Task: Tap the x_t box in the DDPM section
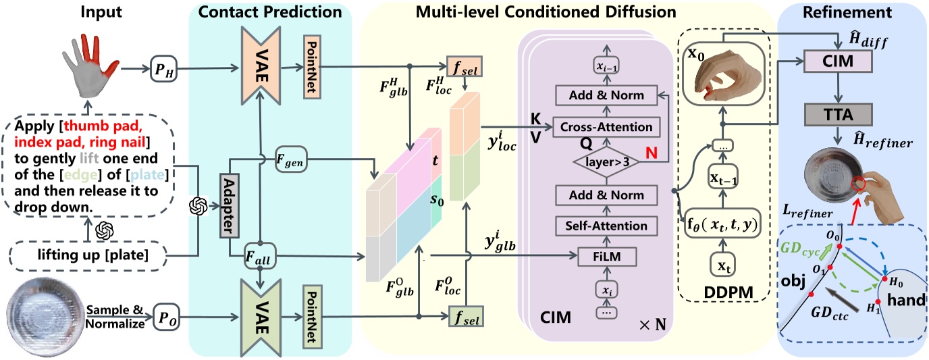pyautogui.click(x=722, y=266)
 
